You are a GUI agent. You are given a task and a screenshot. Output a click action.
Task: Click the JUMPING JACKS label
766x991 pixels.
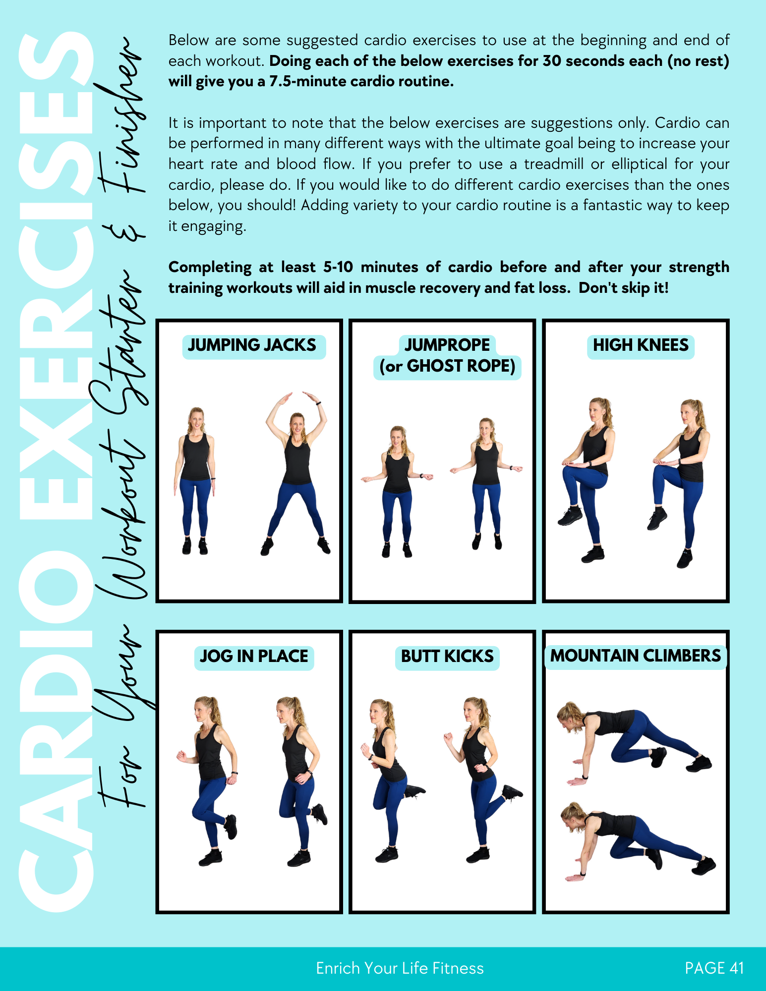click(x=252, y=345)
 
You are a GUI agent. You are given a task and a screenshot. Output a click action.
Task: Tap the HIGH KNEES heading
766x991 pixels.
click(x=641, y=345)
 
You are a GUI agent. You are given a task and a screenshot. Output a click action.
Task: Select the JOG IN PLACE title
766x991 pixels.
click(x=254, y=657)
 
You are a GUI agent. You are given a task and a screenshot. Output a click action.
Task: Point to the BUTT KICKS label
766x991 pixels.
click(x=447, y=657)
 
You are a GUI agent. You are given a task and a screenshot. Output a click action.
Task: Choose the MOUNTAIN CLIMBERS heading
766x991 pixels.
click(x=635, y=656)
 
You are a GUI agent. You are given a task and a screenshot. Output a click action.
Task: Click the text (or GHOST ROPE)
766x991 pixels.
click(x=447, y=367)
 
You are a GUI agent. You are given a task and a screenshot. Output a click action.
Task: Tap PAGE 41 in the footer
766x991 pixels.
click(x=714, y=968)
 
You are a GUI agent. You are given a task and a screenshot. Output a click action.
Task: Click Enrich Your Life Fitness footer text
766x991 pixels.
click(x=400, y=968)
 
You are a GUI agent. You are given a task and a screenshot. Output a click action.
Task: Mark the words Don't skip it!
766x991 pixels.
click(x=623, y=288)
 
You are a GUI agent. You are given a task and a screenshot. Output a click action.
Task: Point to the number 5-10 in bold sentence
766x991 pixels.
click(x=338, y=267)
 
